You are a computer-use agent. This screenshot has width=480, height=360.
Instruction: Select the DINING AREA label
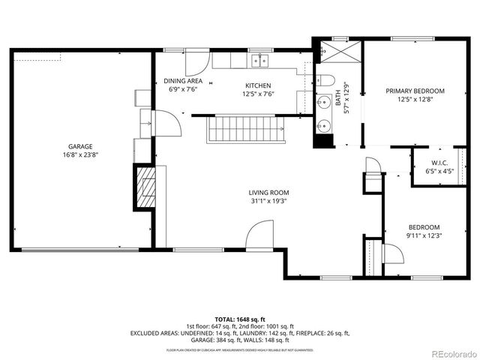(183, 81)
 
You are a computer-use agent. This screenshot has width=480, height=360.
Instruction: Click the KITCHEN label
(258, 85)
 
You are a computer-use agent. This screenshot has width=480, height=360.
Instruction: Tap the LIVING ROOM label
(268, 192)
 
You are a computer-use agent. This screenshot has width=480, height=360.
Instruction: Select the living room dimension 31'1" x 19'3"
(268, 201)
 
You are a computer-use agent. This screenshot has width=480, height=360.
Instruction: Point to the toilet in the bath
(324, 80)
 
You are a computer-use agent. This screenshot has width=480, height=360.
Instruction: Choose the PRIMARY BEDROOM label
(415, 91)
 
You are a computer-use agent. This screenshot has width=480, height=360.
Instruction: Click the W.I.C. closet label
(439, 163)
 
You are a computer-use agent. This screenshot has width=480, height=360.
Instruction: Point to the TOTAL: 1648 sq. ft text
(239, 319)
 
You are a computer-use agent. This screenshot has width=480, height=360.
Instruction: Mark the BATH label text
(337, 95)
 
